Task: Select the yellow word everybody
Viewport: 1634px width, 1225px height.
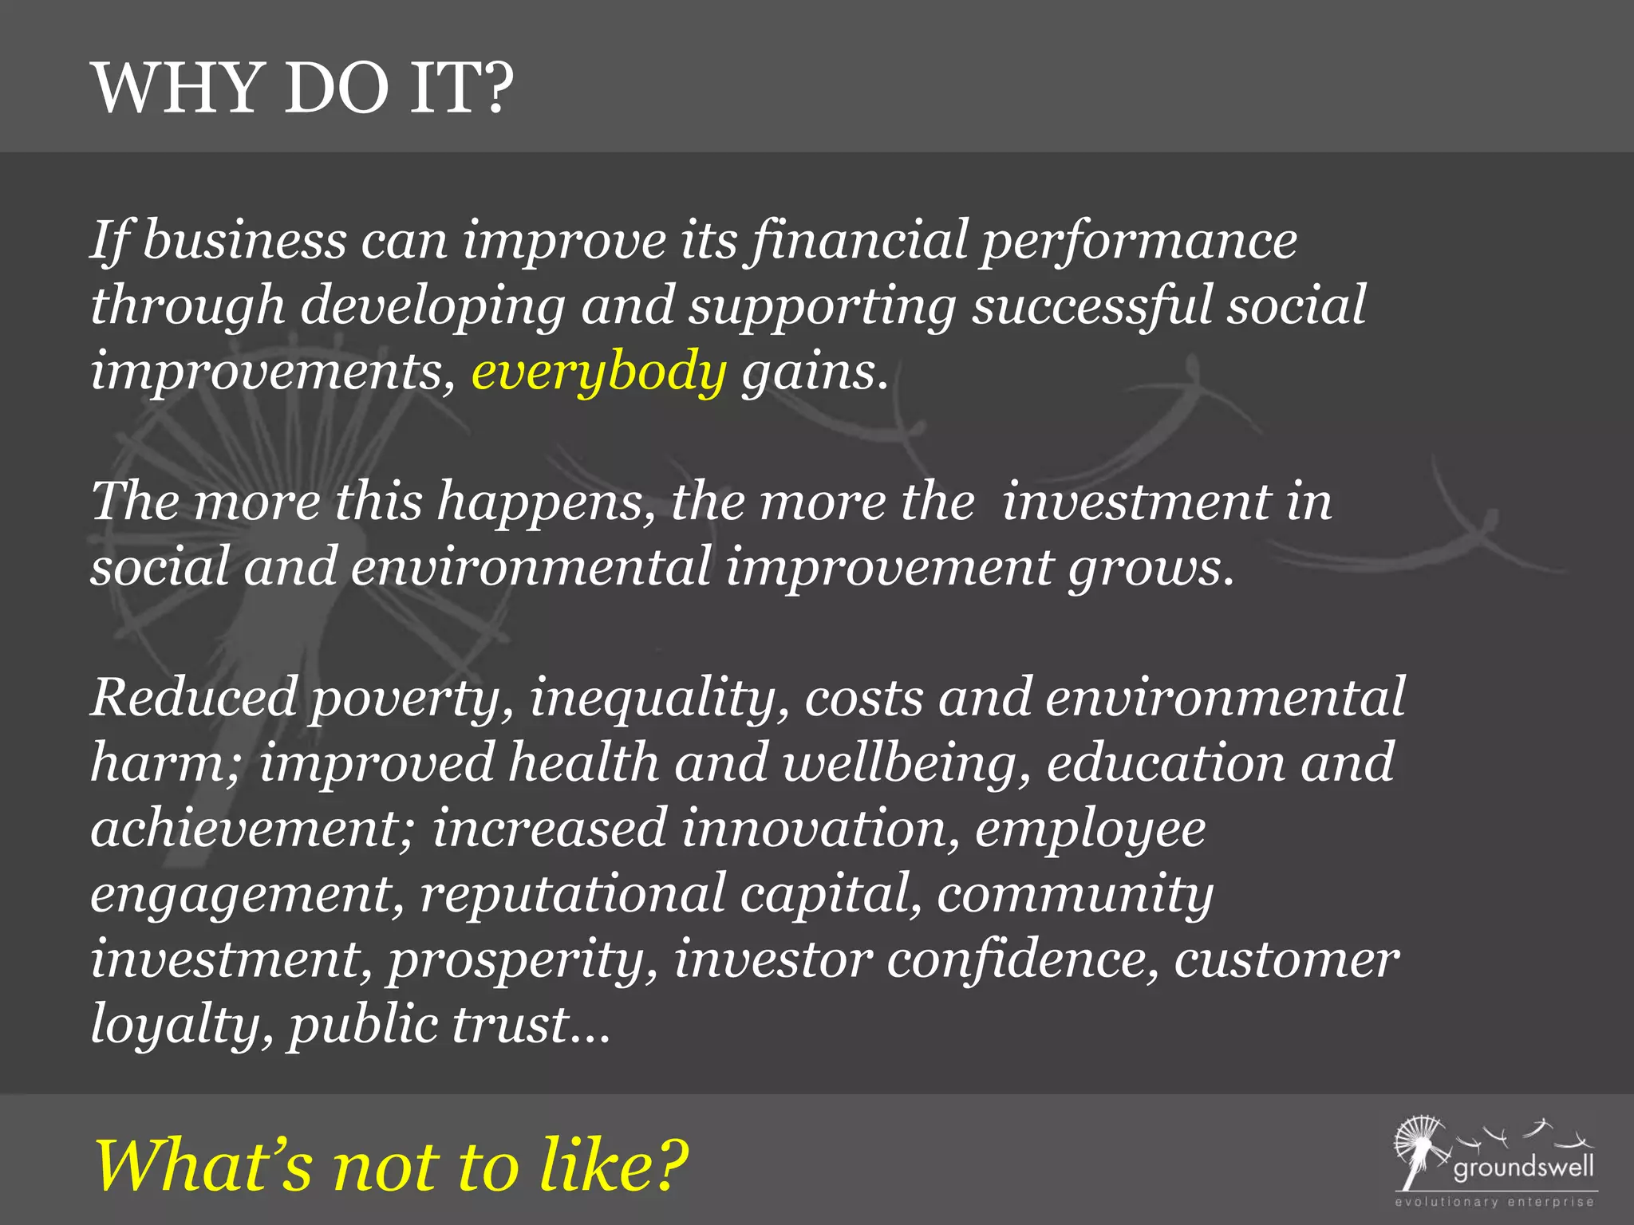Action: point(598,372)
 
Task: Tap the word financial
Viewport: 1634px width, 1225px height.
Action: point(860,241)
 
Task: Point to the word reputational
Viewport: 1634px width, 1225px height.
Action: point(571,895)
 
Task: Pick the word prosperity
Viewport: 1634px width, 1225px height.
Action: point(523,960)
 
